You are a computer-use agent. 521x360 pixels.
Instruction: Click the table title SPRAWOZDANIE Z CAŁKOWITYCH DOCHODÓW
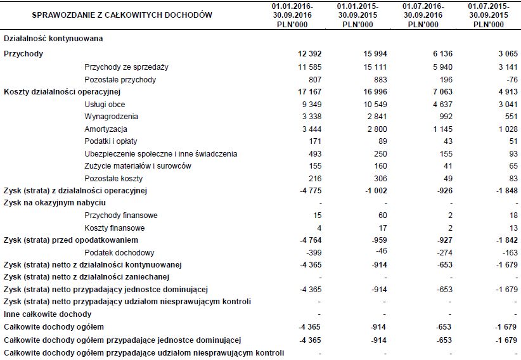122,14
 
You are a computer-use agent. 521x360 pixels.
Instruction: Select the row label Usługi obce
105,104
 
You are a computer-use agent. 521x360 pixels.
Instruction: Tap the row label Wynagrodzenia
112,117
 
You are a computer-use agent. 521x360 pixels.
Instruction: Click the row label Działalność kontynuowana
53,39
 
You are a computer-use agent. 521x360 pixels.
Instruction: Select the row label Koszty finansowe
115,228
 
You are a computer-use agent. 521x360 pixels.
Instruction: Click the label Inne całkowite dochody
48,314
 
